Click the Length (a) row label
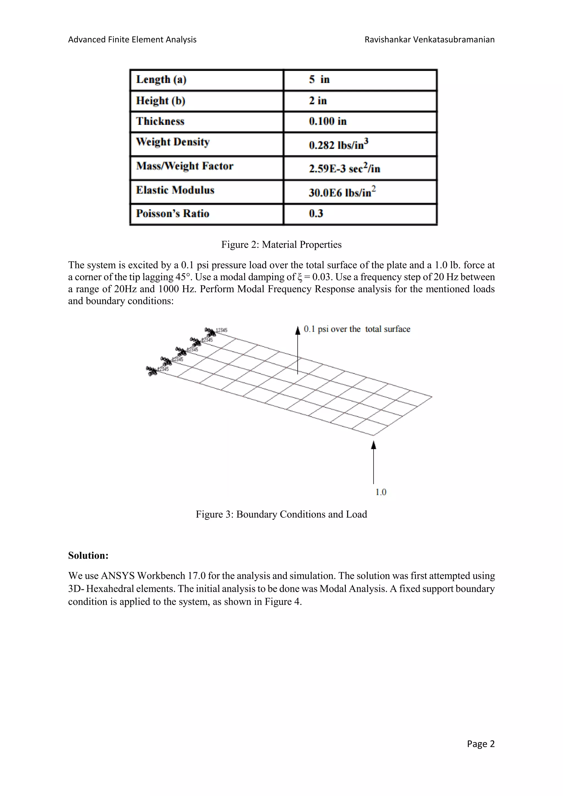click(x=161, y=80)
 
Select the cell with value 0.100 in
click(x=328, y=121)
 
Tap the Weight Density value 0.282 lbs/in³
click(x=338, y=144)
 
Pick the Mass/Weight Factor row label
click(x=184, y=166)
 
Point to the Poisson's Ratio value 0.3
click(x=316, y=214)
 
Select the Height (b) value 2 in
click(x=318, y=101)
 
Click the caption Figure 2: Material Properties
click(x=281, y=245)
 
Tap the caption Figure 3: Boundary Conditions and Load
click(x=281, y=514)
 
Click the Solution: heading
click(x=88, y=555)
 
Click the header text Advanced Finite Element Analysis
click(x=132, y=40)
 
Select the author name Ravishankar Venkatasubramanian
click(x=429, y=40)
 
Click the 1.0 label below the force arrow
click(x=381, y=492)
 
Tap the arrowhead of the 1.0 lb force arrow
click(x=373, y=444)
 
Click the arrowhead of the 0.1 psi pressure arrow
click(x=297, y=330)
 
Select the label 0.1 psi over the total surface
click(x=357, y=329)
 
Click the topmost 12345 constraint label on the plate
click(x=222, y=330)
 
